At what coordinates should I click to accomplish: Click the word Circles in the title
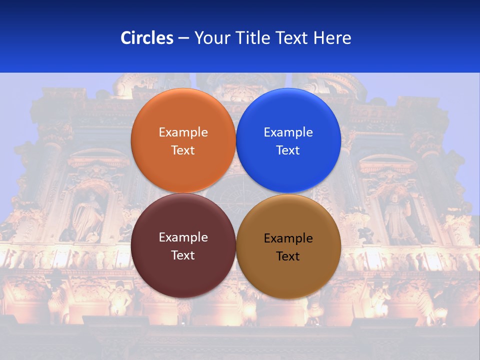point(146,38)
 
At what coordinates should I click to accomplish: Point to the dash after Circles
point(183,38)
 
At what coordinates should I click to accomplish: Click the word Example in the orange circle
point(183,132)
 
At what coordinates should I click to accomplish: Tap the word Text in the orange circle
point(183,150)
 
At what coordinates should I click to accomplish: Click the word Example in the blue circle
point(288,132)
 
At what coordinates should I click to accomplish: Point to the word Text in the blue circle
point(288,150)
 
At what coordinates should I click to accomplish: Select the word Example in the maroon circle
point(183,237)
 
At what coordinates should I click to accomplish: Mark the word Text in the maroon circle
point(183,255)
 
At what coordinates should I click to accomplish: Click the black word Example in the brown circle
point(288,238)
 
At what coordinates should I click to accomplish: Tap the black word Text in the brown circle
point(288,256)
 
